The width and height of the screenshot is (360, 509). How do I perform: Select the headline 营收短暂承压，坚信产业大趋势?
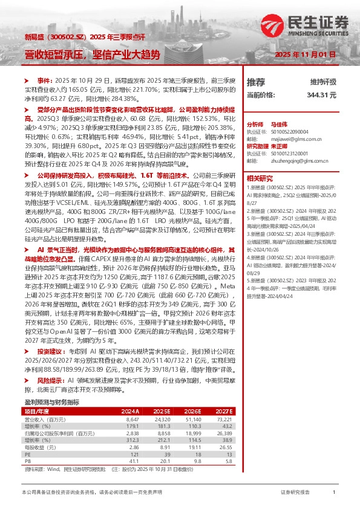92,55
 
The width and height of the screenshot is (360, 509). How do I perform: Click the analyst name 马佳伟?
278,123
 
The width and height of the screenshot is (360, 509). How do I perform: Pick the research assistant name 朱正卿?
278,146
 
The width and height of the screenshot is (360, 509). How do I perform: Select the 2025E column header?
161,394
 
